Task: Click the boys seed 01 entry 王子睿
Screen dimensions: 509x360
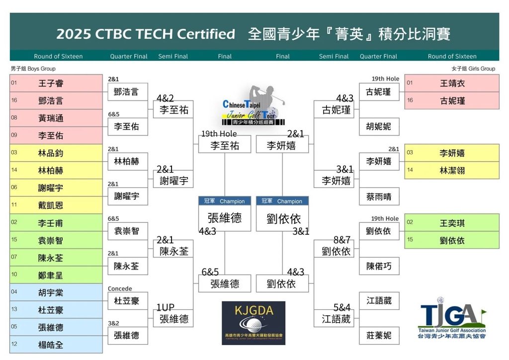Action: (x=56, y=84)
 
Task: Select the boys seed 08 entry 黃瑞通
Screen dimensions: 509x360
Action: (x=56, y=118)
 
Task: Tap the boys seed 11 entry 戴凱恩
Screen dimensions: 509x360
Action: (x=56, y=205)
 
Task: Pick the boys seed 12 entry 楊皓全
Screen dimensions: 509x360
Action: (x=56, y=345)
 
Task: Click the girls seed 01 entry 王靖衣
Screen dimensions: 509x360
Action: (x=451, y=84)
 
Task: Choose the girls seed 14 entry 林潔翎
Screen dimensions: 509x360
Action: (x=451, y=170)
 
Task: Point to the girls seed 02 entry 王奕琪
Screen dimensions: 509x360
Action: (x=451, y=223)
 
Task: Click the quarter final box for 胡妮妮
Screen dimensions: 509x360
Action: (x=379, y=126)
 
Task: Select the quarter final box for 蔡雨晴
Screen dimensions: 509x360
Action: (x=379, y=196)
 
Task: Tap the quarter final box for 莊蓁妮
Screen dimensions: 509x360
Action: (x=379, y=335)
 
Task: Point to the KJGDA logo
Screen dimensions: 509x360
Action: (x=254, y=323)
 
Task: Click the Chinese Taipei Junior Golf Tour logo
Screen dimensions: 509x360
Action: (x=254, y=105)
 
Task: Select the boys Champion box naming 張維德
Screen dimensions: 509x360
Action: (x=225, y=214)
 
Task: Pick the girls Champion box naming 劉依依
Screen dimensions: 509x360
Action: (x=282, y=214)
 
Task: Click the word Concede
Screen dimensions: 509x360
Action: (x=120, y=288)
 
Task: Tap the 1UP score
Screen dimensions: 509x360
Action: (x=165, y=307)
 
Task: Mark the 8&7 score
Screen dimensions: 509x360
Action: (x=342, y=240)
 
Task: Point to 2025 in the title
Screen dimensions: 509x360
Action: (x=74, y=34)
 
